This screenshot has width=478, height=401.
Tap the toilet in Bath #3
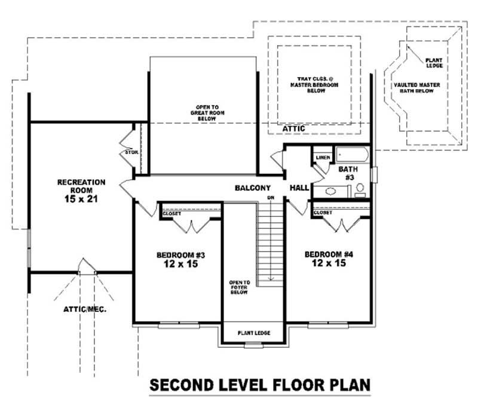pyautogui.click(x=360, y=190)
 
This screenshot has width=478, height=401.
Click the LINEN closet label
pyautogui.click(x=322, y=158)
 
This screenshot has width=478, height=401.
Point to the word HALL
pyautogui.click(x=299, y=188)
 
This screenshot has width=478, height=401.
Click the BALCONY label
pyautogui.click(x=253, y=188)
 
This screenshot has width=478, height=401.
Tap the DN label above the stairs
pyautogui.click(x=271, y=197)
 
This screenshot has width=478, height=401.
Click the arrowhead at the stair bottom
pyautogui.click(x=271, y=278)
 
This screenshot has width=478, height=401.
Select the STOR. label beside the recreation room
pyautogui.click(x=131, y=153)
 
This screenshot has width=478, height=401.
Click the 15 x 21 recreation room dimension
pyautogui.click(x=81, y=199)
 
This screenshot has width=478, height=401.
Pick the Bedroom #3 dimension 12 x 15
pyautogui.click(x=179, y=264)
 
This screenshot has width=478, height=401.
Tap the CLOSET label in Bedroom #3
pyautogui.click(x=171, y=213)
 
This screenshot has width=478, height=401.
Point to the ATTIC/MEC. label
pyautogui.click(x=81, y=310)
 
